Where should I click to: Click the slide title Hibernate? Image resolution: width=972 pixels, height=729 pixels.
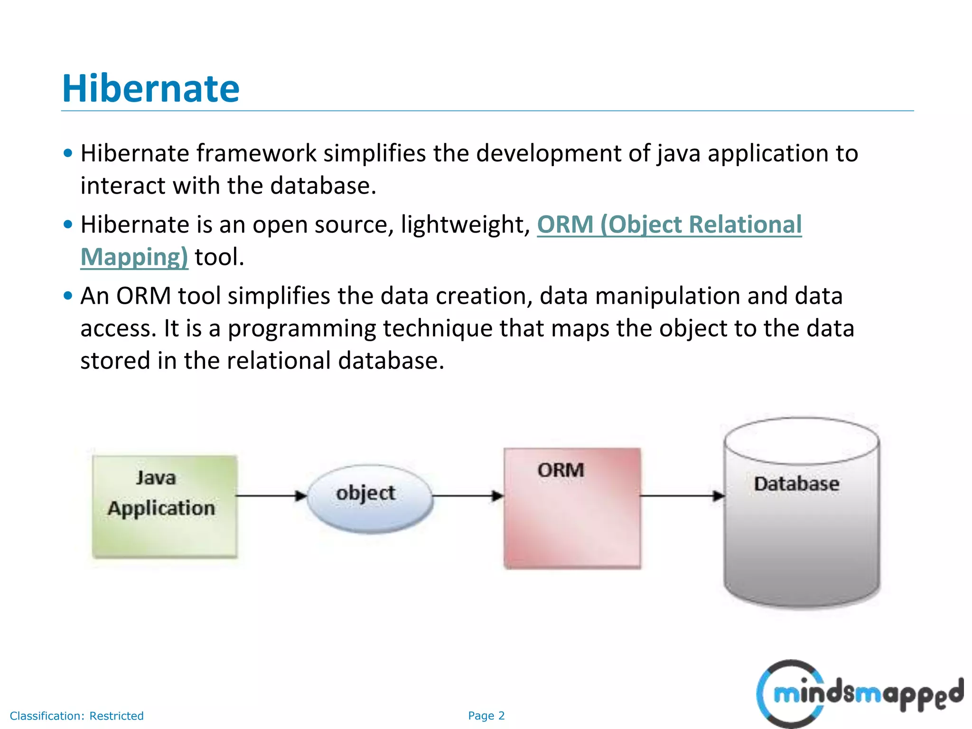(x=151, y=89)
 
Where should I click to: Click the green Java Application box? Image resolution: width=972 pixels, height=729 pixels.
(x=164, y=506)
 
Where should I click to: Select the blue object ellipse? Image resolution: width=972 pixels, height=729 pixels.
(x=369, y=498)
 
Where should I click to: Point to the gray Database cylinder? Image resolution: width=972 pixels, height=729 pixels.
(x=801, y=522)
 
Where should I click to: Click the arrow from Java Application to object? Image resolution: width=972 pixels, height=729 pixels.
(x=271, y=496)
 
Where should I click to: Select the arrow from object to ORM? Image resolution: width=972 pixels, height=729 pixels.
(x=467, y=496)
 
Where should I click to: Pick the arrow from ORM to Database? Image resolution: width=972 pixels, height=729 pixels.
(x=682, y=496)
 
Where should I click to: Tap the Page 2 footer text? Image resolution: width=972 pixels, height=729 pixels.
(x=486, y=716)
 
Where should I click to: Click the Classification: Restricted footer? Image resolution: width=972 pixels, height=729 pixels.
(x=76, y=716)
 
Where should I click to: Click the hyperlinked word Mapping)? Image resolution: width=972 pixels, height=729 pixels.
(x=134, y=257)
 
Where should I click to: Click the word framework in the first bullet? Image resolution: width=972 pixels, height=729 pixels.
(x=256, y=153)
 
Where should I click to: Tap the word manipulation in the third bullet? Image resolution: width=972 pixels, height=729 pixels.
(x=667, y=296)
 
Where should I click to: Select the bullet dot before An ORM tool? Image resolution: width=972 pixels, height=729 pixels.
(x=68, y=296)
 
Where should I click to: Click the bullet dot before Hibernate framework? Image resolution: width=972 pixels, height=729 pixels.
(x=68, y=153)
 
